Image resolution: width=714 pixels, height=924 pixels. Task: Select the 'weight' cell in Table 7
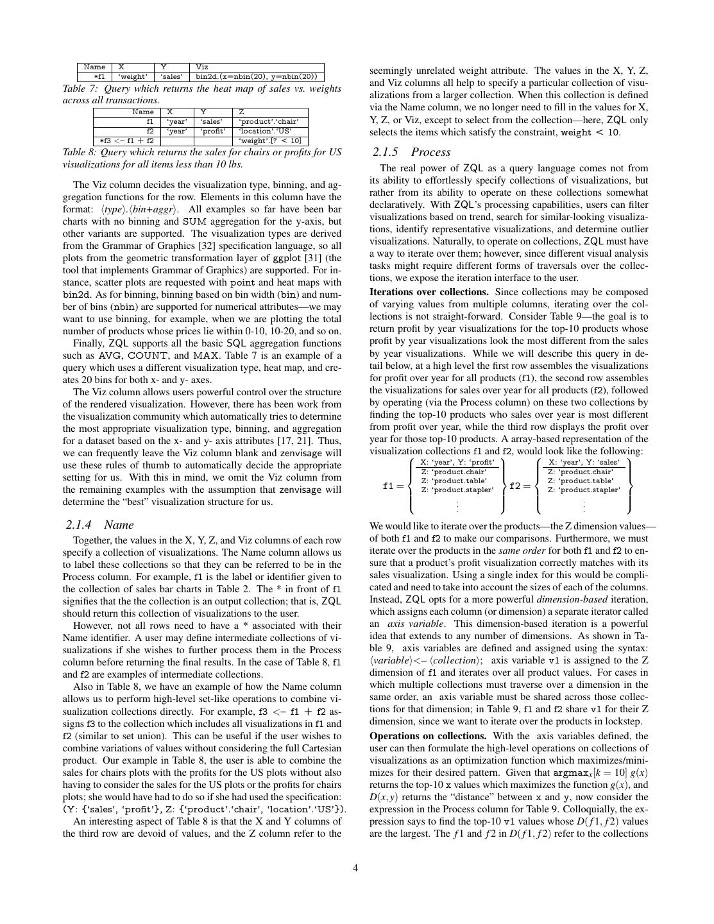coord(133,77)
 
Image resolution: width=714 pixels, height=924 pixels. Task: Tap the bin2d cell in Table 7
coord(257,77)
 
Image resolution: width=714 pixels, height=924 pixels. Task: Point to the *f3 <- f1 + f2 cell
coord(127,141)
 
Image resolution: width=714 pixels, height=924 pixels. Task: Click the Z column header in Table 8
coord(242,112)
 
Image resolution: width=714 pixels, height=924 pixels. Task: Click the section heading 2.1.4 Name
coord(99,525)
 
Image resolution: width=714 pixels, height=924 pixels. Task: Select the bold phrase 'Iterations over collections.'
coord(429,292)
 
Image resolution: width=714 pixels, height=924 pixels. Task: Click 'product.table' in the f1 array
coord(454,481)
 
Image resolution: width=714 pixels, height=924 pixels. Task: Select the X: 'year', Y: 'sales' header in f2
coord(583,462)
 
